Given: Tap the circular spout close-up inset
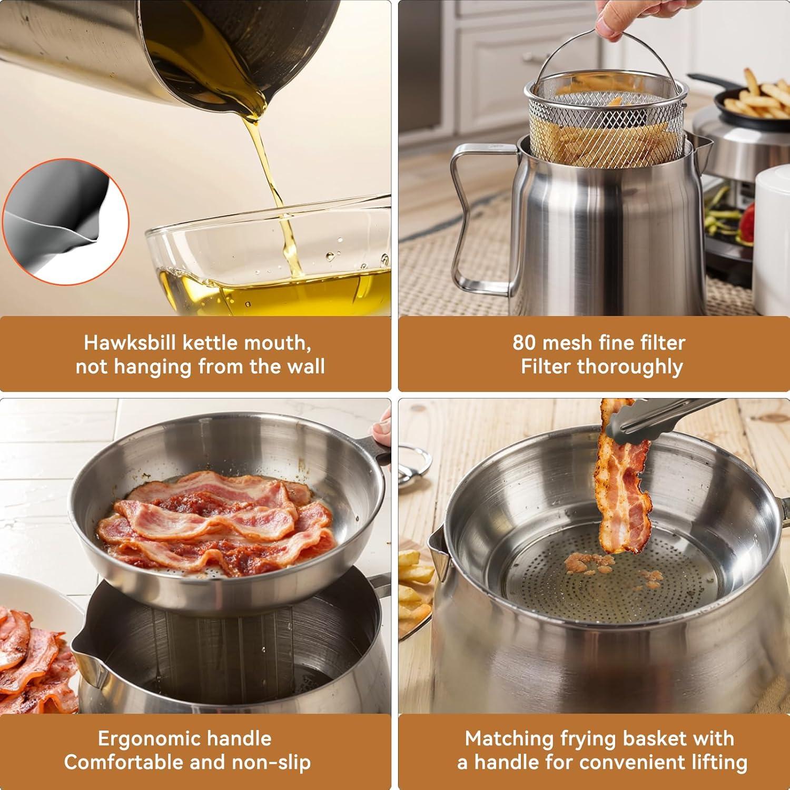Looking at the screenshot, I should [66, 221].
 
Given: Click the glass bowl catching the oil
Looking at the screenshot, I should [269, 263].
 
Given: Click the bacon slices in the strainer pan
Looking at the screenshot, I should [221, 521].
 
